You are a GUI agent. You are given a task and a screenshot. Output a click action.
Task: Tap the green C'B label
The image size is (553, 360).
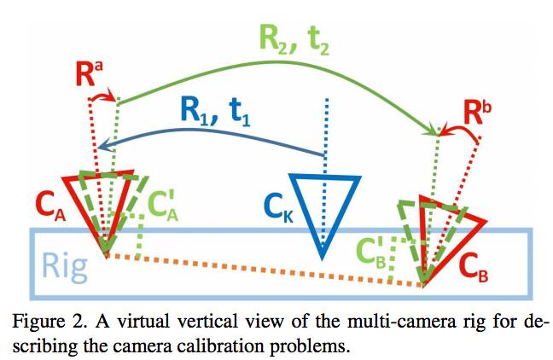coord(371,254)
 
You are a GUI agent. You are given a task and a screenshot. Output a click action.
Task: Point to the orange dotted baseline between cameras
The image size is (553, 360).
coord(265,270)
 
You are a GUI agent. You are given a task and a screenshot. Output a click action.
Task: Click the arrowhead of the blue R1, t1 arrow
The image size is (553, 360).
coord(101,148)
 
